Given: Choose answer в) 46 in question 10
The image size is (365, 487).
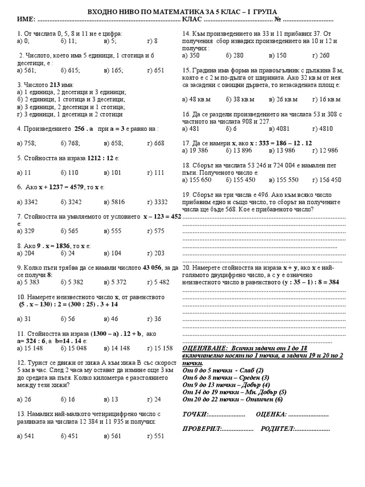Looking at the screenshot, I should coord(112,318).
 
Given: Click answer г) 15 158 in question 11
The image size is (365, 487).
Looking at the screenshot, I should coord(160,348).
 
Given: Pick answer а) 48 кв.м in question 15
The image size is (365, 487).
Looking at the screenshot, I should coord(196,99).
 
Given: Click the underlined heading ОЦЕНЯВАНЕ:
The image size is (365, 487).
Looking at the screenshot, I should coord(202,348).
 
